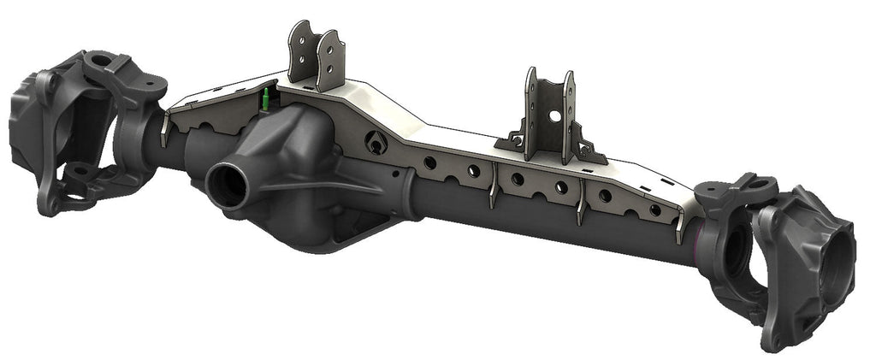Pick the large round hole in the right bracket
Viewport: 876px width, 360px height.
pyautogui.click(x=554, y=115)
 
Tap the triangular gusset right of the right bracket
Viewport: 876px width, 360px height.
pyautogui.click(x=589, y=150)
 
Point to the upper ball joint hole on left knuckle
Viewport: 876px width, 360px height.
pyautogui.click(x=102, y=62)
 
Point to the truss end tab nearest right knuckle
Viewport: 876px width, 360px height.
pyautogui.click(x=679, y=227)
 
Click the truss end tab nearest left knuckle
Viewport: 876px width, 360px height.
pyautogui.click(x=163, y=128)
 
